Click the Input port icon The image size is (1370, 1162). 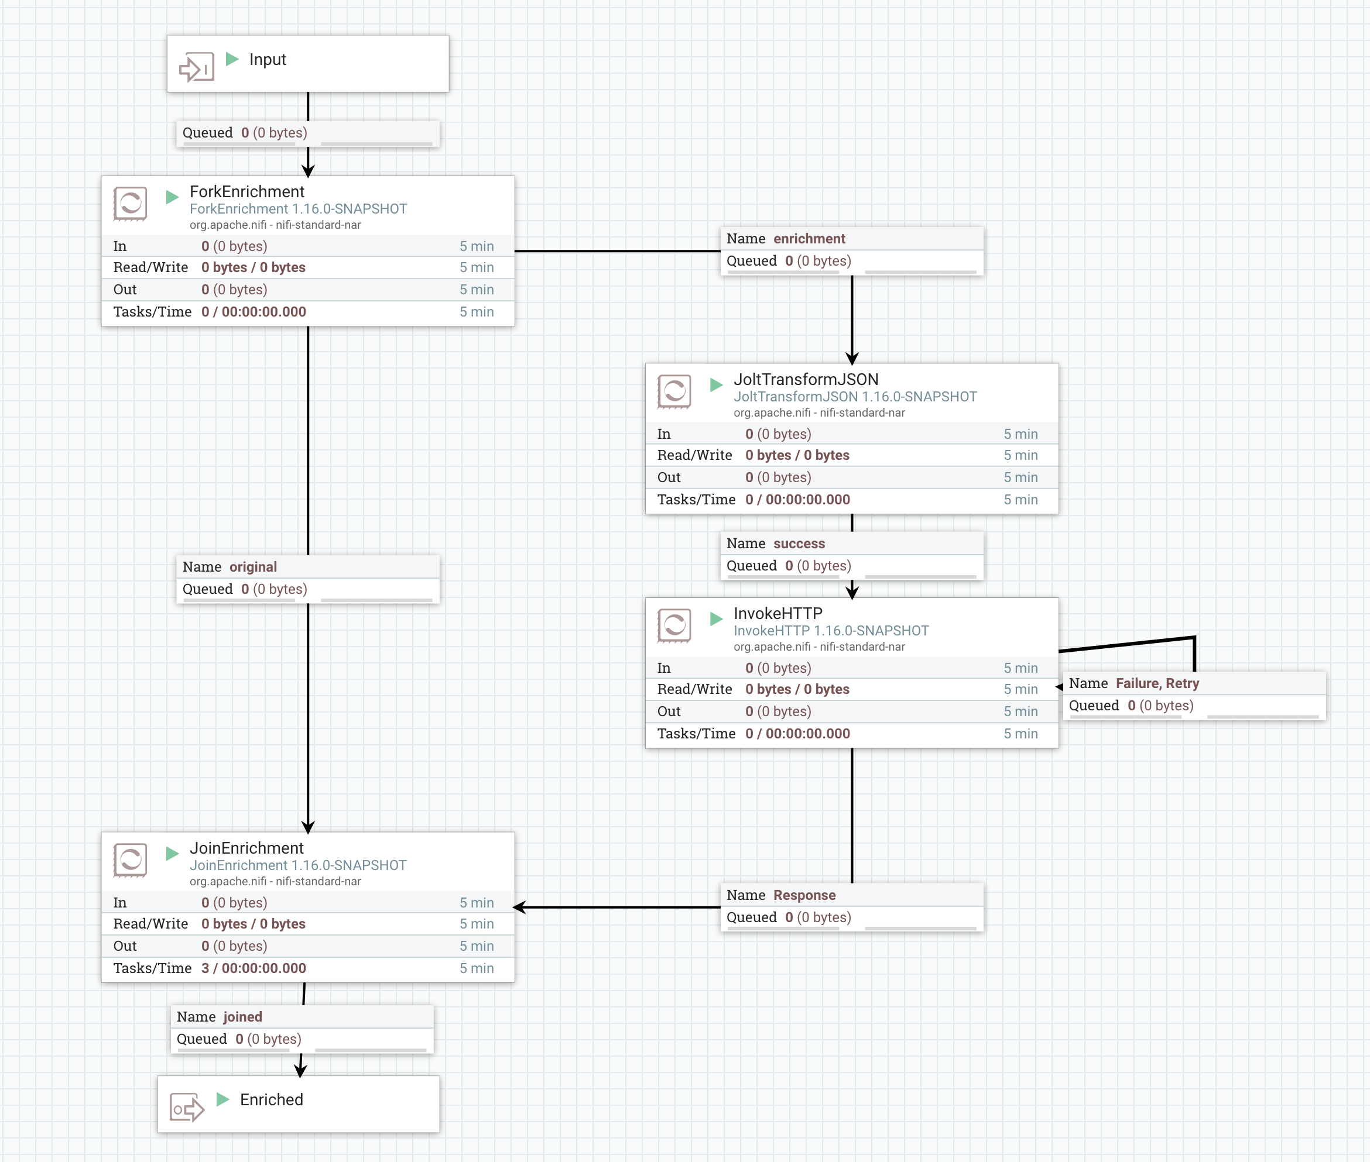196,67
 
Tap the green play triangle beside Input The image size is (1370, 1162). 232,59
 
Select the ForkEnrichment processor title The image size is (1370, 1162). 246,192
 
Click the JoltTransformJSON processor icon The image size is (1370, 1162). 674,391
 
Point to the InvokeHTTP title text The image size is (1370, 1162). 778,613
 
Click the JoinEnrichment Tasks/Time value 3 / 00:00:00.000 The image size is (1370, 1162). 254,968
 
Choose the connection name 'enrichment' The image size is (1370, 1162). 809,239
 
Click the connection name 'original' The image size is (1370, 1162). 252,566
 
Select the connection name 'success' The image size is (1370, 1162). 799,544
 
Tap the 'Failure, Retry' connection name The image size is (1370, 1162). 1156,683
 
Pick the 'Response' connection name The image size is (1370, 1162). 804,895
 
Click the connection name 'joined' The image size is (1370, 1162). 242,1016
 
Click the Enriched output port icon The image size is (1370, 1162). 187,1108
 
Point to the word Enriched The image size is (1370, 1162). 271,1099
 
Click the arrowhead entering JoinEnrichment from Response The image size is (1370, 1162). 519,907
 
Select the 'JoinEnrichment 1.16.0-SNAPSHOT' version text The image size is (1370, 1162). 298,865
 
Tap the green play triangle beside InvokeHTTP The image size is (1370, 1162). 716,618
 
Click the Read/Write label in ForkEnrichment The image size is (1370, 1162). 150,267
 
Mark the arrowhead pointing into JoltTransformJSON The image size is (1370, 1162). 852,357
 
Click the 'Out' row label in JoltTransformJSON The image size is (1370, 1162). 669,477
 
